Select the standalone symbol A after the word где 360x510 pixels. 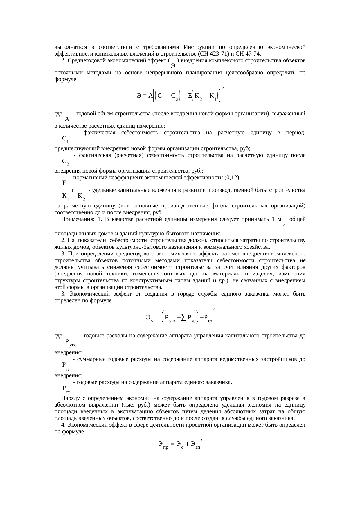[x=67, y=119]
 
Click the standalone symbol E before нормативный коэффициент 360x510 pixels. [x=64, y=183]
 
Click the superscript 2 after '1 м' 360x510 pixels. [x=284, y=225]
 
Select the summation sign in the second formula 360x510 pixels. [x=183, y=318]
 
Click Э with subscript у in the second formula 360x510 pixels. [x=150, y=318]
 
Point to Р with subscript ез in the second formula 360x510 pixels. [x=208, y=318]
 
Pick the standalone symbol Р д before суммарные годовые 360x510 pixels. [x=65, y=365]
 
